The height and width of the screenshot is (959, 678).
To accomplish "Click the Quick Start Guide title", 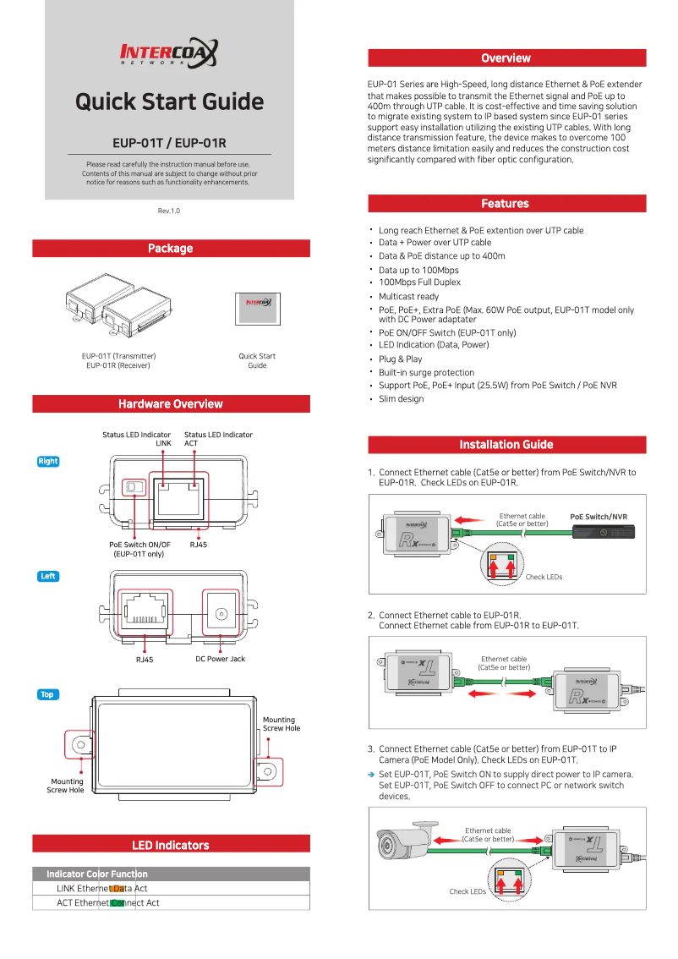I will click(169, 102).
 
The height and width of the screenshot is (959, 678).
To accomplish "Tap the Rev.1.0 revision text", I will click(169, 211).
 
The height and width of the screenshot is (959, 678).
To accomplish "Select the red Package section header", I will click(171, 249).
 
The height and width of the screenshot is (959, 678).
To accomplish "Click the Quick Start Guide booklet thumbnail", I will click(257, 309).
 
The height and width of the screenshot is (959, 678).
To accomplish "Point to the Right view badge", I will click(48, 462).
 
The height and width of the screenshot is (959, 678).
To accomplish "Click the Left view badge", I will click(48, 577).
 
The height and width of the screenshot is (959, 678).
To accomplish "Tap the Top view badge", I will click(47, 695).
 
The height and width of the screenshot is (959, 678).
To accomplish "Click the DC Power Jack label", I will click(220, 659).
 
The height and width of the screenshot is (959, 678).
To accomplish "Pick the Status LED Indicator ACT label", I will click(218, 439).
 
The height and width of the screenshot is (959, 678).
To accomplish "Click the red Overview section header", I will click(506, 58).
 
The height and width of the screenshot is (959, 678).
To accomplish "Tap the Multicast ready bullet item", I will click(408, 297).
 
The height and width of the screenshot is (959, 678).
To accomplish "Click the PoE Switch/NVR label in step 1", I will click(599, 517).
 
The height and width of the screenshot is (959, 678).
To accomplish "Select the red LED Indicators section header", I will click(171, 845).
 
